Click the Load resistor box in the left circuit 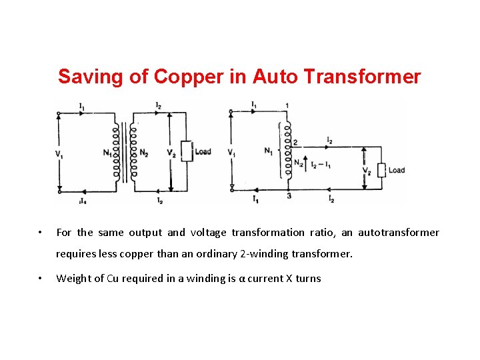click(187, 151)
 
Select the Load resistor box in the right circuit click(382, 170)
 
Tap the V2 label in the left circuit click(171, 153)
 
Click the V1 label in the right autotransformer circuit click(231, 153)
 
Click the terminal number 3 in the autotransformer click(289, 196)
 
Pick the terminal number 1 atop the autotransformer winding click(287, 105)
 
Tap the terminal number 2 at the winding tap click(295, 142)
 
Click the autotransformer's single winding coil click(288, 150)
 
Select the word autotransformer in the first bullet click(399, 233)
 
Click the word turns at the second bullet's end click(307, 279)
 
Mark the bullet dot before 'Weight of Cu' click(41, 279)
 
